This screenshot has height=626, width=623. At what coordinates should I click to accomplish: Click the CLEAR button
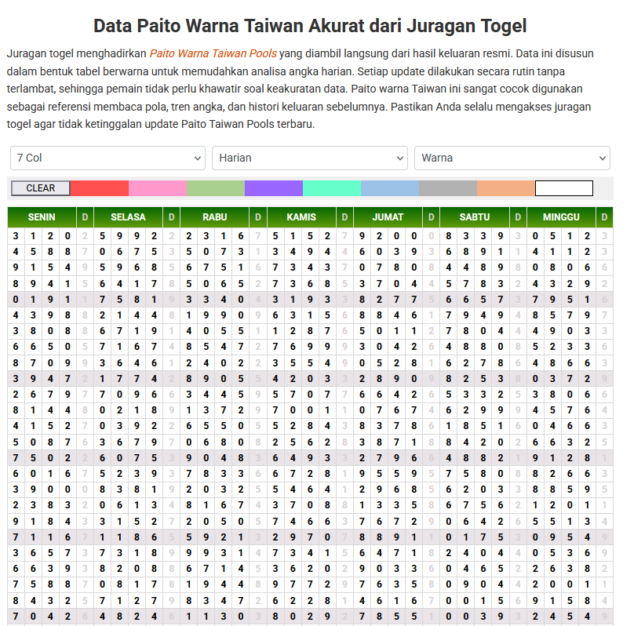pyautogui.click(x=41, y=188)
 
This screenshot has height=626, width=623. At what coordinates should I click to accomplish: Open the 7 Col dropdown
pyautogui.click(x=107, y=158)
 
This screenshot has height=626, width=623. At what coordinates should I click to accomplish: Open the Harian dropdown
pyautogui.click(x=309, y=158)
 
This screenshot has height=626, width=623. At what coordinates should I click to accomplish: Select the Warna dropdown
pyautogui.click(x=512, y=158)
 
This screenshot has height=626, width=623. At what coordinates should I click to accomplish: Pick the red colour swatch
pyautogui.click(x=100, y=188)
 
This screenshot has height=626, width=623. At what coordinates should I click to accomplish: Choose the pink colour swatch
pyautogui.click(x=158, y=188)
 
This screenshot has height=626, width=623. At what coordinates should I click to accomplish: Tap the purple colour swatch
pyautogui.click(x=274, y=188)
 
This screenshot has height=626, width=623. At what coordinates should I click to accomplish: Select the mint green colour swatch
pyautogui.click(x=332, y=188)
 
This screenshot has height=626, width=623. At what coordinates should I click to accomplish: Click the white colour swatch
pyautogui.click(x=564, y=188)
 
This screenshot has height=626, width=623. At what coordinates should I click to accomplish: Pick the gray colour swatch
pyautogui.click(x=448, y=188)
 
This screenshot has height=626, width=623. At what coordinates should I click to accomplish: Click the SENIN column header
pyautogui.click(x=42, y=217)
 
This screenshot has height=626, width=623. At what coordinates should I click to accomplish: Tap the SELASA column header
pyautogui.click(x=128, y=217)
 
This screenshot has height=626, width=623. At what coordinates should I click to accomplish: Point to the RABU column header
pyautogui.click(x=215, y=217)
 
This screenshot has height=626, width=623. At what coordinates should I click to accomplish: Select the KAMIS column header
pyautogui.click(x=301, y=217)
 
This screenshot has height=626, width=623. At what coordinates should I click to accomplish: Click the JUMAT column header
pyautogui.click(x=388, y=217)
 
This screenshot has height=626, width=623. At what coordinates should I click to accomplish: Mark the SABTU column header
pyautogui.click(x=475, y=217)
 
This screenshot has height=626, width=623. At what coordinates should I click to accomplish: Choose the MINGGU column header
pyautogui.click(x=561, y=217)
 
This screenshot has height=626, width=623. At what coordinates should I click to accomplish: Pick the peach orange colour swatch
pyautogui.click(x=506, y=188)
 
